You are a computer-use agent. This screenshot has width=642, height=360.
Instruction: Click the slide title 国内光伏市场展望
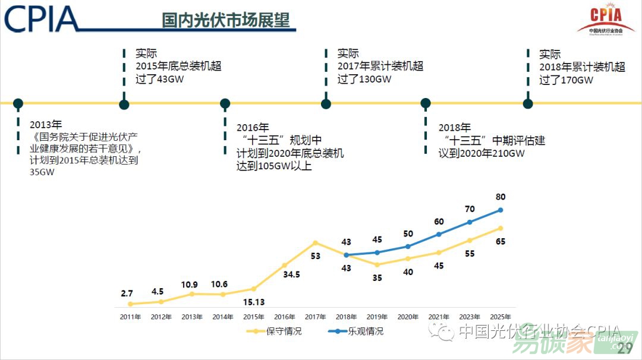pyautogui.click(x=226, y=20)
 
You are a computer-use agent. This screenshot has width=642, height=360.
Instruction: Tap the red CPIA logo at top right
pyautogui.click(x=606, y=20)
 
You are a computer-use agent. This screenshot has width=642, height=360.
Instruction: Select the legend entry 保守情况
pyautogui.click(x=284, y=331)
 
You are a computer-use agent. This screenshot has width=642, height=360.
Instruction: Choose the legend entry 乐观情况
pyautogui.click(x=366, y=331)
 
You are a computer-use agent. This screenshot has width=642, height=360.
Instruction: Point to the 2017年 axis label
pyautogui.click(x=314, y=317)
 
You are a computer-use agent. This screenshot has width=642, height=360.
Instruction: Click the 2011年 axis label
pyautogui.click(x=130, y=317)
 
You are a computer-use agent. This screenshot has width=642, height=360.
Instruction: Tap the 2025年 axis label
pyautogui.click(x=500, y=317)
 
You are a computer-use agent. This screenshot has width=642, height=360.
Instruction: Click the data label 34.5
pyautogui.click(x=291, y=275)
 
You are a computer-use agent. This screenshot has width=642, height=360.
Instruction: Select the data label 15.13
pyautogui.click(x=254, y=302)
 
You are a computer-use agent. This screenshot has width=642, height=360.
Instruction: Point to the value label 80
pyautogui.click(x=500, y=197)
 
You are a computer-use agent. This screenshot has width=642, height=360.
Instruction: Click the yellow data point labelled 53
pyautogui.click(x=315, y=242)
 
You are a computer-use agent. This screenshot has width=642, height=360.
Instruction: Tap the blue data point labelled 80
pyautogui.click(x=501, y=210)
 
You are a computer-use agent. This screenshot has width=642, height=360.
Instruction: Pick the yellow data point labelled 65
pyautogui.click(x=501, y=228)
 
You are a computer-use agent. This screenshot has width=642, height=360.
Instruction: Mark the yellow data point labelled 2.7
pyautogui.click(x=130, y=304)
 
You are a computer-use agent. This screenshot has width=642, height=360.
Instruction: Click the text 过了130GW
pyautogui.click(x=364, y=80)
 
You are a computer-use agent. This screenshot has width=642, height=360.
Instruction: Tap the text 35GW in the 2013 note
pyautogui.click(x=42, y=173)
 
